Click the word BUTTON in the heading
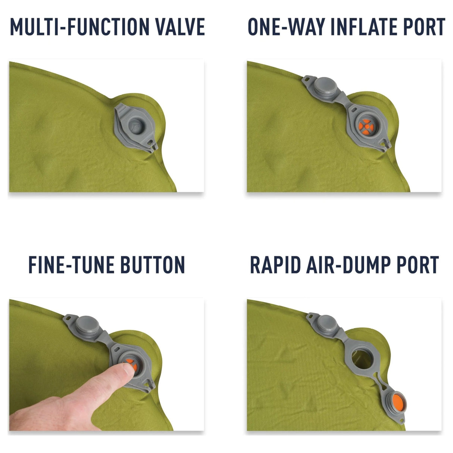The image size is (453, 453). click(x=153, y=265)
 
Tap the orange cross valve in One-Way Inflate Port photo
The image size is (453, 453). click(x=366, y=127)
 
